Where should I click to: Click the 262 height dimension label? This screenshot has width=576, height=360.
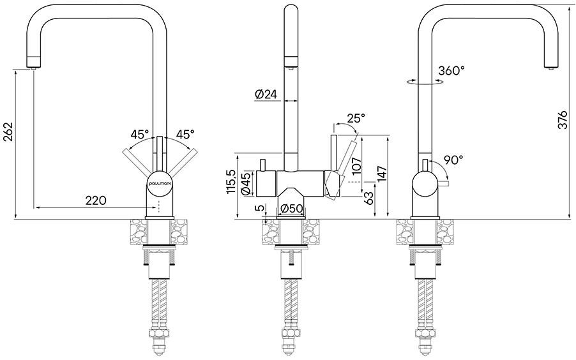coord(8,131)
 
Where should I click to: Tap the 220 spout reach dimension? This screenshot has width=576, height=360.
coord(96,200)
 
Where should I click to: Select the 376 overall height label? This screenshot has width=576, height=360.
coord(563,119)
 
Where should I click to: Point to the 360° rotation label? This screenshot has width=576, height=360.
coord(451,70)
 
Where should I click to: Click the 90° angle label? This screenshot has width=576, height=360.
coord(453,160)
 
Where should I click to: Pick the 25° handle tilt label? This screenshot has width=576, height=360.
coord(356,118)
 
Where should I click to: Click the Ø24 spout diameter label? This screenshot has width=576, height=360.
coord(266,94)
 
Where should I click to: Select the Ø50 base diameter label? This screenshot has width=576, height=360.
coord(292,209)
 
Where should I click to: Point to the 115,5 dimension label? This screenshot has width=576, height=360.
coord(231,181)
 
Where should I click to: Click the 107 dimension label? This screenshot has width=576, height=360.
coord(356,166)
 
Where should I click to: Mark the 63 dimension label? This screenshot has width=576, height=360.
coord(369,198)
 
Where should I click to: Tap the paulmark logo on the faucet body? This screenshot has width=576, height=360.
coord(158,182)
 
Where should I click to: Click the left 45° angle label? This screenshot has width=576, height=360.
coord(140,134)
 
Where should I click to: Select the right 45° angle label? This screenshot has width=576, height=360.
coord(185,134)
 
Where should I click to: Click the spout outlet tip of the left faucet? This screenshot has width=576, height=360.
coord(34,68)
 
